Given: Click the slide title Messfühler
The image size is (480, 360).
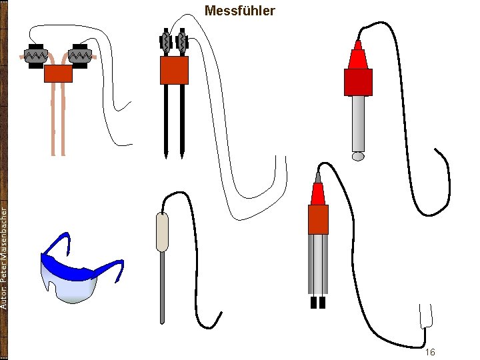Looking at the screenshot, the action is (x=239, y=11).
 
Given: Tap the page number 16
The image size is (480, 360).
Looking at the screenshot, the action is (x=430, y=351).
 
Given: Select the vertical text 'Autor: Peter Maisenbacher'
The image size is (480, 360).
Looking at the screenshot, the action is (x=5, y=257).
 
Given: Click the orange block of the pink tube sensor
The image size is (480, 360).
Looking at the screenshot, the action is (x=58, y=73).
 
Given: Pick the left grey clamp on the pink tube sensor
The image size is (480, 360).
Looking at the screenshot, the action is (x=34, y=54).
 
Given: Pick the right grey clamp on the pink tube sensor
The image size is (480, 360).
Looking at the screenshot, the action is (x=81, y=54).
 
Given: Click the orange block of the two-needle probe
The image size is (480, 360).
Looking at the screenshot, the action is (x=174, y=70).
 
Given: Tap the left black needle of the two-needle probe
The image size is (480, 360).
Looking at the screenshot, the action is (x=165, y=120).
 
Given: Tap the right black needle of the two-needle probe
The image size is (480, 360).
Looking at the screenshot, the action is (x=182, y=120).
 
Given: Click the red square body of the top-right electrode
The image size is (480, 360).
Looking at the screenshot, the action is (x=358, y=81).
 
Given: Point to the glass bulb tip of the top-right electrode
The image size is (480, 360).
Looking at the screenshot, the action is (x=358, y=157).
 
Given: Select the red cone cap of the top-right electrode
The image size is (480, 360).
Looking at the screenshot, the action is (x=358, y=55).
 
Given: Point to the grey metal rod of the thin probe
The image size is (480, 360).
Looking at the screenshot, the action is (x=161, y=287).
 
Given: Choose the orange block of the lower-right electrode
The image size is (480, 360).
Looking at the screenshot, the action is (x=318, y=219).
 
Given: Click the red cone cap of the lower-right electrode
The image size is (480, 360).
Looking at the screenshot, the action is (x=318, y=193).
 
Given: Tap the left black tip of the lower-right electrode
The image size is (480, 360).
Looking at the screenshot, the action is (x=314, y=303).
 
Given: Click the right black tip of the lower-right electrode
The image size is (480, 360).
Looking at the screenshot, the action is (x=322, y=303).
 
